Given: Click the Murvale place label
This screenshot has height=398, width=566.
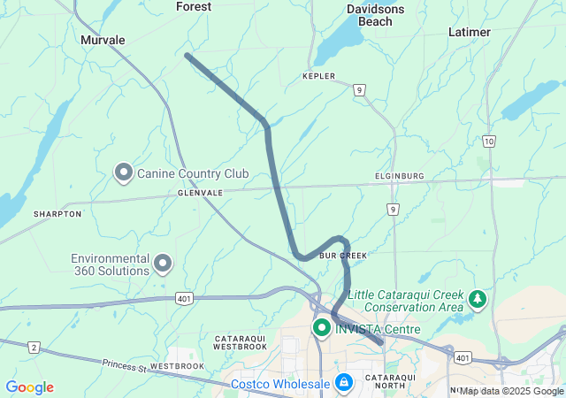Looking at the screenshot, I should point(103,40).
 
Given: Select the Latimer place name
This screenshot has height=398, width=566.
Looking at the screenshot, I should point(470,32).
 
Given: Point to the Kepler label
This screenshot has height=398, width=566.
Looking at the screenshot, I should point(319,77).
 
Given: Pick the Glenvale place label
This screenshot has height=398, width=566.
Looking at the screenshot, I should point(200,192).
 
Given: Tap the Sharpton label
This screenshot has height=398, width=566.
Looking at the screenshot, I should point(57,214).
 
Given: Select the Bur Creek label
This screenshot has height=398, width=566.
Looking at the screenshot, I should point(342,255).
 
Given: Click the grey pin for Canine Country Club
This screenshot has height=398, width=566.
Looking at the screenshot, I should point(125,172).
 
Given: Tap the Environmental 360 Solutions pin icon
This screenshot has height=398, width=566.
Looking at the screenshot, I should point(163,263).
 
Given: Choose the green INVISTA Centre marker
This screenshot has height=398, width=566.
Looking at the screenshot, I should point(321,329).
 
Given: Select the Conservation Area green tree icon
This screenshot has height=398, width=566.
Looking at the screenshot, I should point(478,299).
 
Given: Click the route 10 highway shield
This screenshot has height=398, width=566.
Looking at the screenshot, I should point(489,142).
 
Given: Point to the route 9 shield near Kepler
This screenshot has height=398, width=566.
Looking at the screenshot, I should point(359,89).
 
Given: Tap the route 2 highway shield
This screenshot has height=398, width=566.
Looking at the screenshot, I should point(34,348).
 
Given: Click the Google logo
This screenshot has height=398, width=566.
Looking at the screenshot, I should point(29,387).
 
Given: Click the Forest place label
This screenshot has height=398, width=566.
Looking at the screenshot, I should point(194,6).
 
